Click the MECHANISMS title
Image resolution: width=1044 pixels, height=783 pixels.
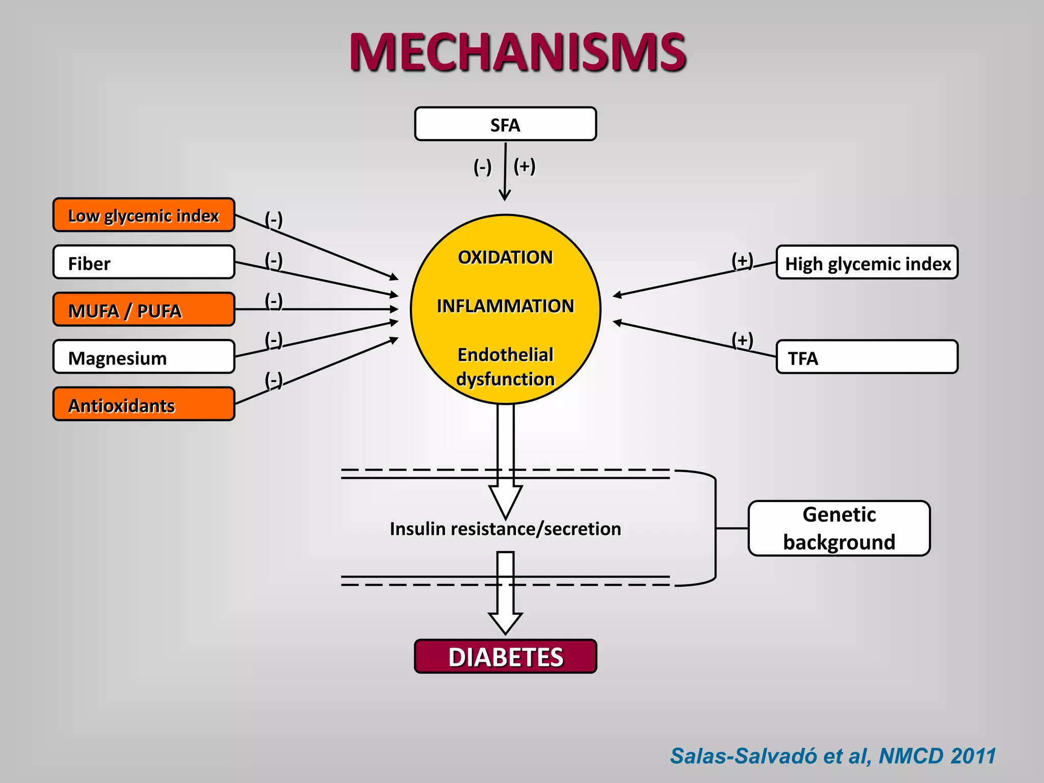[x=518, y=53]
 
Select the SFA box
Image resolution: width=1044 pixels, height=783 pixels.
[x=505, y=124]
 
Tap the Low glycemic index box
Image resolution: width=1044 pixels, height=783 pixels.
[x=144, y=215]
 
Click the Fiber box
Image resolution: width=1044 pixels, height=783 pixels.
[x=144, y=263]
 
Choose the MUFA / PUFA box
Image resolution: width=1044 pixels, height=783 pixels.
[x=144, y=309]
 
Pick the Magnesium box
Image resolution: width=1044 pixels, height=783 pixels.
[x=144, y=357]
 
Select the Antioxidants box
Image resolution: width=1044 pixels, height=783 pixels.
[x=144, y=404]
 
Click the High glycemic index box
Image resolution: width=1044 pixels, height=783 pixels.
[x=867, y=263]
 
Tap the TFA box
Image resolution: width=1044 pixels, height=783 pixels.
[x=867, y=357]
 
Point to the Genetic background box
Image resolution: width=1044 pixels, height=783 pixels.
[x=839, y=528]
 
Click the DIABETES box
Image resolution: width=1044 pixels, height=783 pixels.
[x=505, y=657]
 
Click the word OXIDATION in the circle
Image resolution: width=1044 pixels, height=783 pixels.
[x=505, y=257]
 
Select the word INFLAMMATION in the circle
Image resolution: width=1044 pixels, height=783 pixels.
[x=505, y=306]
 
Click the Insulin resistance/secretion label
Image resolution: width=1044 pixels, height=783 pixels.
[x=505, y=529]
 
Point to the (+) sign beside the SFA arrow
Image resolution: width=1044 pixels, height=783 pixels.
[x=525, y=166]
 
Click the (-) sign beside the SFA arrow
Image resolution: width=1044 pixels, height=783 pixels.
[x=482, y=167]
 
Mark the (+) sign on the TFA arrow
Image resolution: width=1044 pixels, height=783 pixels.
[x=742, y=340]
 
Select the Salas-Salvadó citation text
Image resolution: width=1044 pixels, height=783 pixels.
[x=832, y=756]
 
